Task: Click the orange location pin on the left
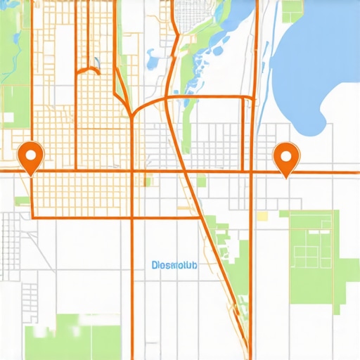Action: click(30, 155)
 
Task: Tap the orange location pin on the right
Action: click(285, 155)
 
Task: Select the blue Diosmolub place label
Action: click(175, 266)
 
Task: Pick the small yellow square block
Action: click(262, 216)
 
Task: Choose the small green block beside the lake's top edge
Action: click(291, 9)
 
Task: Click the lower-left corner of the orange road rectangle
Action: click(32, 217)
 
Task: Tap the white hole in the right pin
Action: click(285, 153)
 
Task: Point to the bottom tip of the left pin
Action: click(30, 174)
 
